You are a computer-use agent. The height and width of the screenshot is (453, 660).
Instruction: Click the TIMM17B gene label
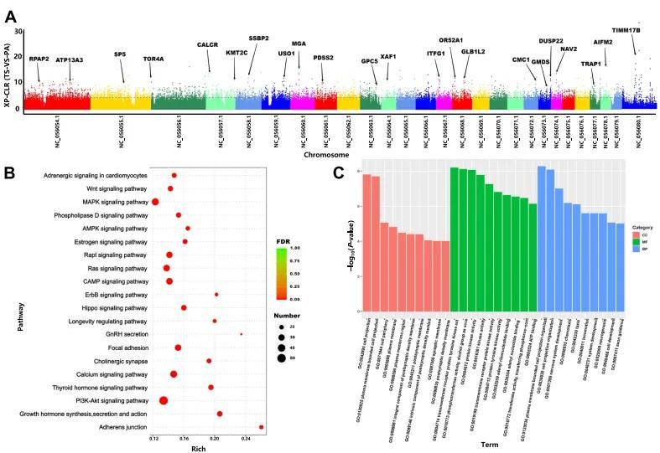(x=626, y=30)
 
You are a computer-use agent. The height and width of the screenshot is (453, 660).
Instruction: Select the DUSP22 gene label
(x=551, y=41)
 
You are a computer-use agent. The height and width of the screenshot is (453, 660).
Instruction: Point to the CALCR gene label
(x=209, y=45)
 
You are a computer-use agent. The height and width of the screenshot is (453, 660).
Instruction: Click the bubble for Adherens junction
(x=262, y=427)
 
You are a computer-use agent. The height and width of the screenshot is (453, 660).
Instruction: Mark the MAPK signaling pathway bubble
(x=155, y=202)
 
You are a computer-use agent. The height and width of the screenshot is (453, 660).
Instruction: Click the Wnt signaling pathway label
(x=113, y=188)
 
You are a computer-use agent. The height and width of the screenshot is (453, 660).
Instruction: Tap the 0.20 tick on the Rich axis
(x=214, y=438)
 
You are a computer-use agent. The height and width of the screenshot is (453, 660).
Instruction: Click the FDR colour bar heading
(x=283, y=240)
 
